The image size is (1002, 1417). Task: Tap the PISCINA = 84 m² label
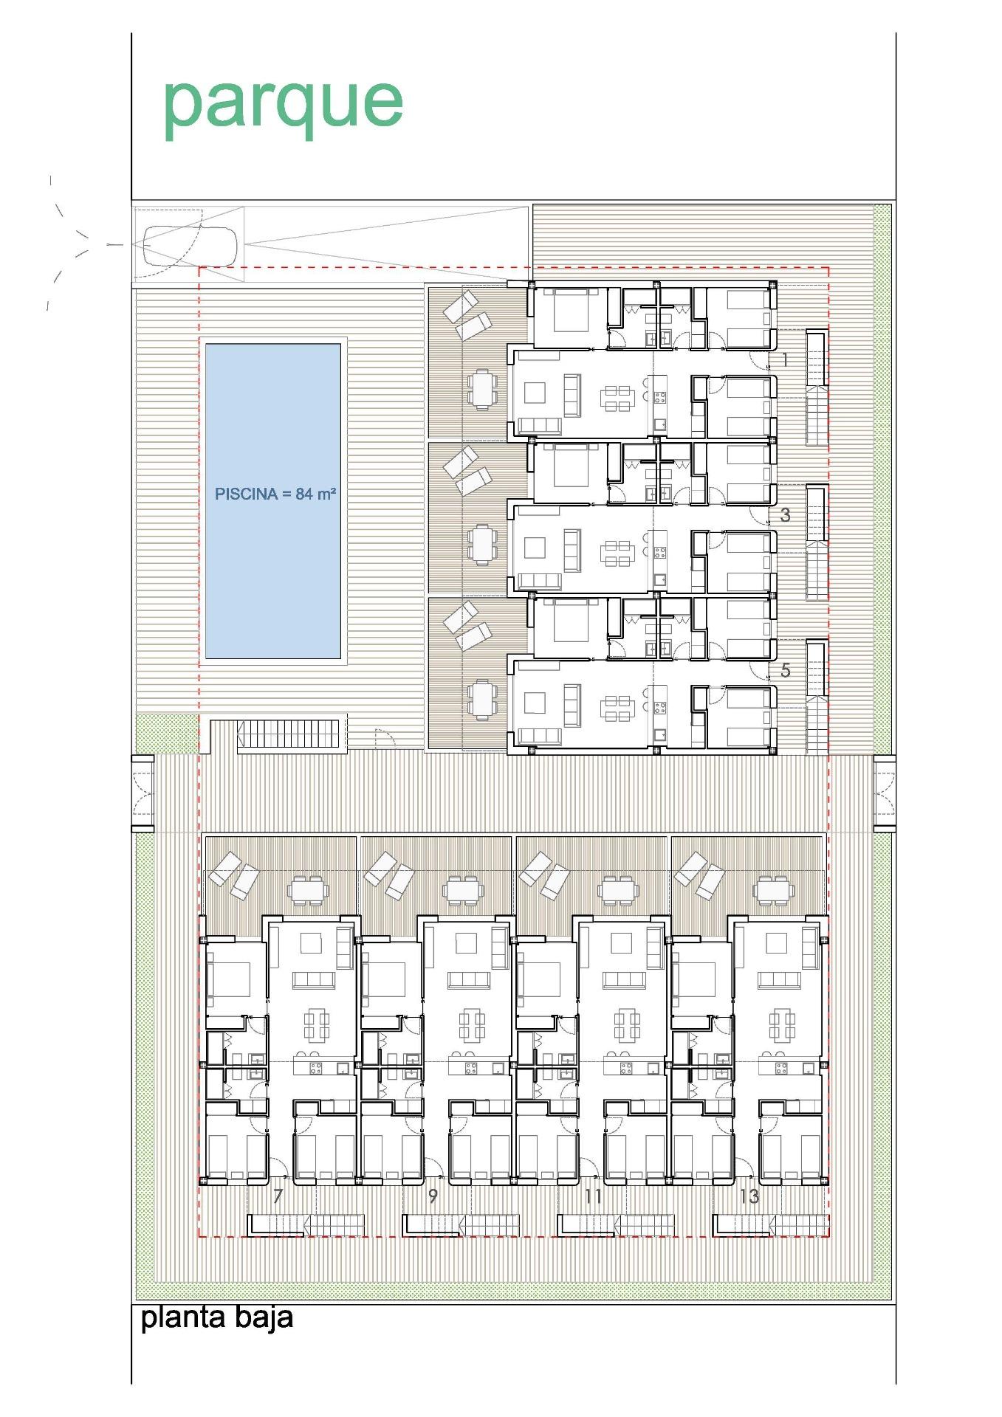coord(275,494)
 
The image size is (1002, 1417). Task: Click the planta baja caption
coord(216,1317)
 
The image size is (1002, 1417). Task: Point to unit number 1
coord(785,360)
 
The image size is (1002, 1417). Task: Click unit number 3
coord(785,515)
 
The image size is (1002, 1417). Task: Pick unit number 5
coord(785,670)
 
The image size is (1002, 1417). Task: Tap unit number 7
coord(278,1196)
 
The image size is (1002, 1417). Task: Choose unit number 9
coord(433,1196)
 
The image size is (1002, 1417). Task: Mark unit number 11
coord(593,1196)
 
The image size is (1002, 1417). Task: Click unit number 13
coord(749,1196)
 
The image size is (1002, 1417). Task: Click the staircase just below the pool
coord(288,734)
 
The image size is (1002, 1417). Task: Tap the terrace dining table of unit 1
coord(481,388)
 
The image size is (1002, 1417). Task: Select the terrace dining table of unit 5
coord(481,699)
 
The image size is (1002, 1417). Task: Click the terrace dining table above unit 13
coord(773,890)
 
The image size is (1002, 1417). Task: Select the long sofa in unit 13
coord(779,980)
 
